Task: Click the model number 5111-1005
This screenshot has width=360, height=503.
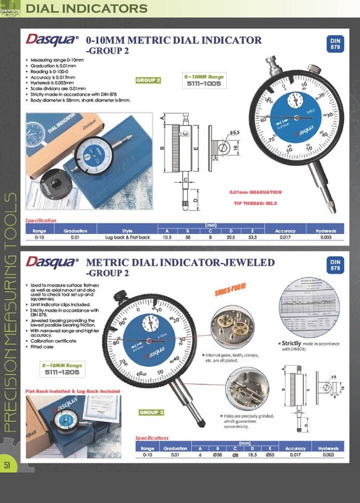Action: click(x=203, y=84)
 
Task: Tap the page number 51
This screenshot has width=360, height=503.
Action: click(x=7, y=465)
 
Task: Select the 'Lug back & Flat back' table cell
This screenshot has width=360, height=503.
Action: click(x=127, y=237)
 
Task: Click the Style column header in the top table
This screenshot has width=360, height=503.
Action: click(x=127, y=231)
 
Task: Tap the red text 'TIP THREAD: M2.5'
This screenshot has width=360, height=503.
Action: click(x=255, y=203)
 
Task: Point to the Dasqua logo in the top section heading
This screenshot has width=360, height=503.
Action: click(x=52, y=40)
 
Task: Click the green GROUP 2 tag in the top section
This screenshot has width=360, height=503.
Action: click(x=149, y=80)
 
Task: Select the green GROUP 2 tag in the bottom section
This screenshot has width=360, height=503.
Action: click(x=152, y=412)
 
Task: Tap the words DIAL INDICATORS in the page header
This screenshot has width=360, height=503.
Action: click(x=87, y=9)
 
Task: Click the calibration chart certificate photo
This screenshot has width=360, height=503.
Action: click(x=309, y=308)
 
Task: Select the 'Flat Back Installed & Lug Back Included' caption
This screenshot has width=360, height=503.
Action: click(x=73, y=391)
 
